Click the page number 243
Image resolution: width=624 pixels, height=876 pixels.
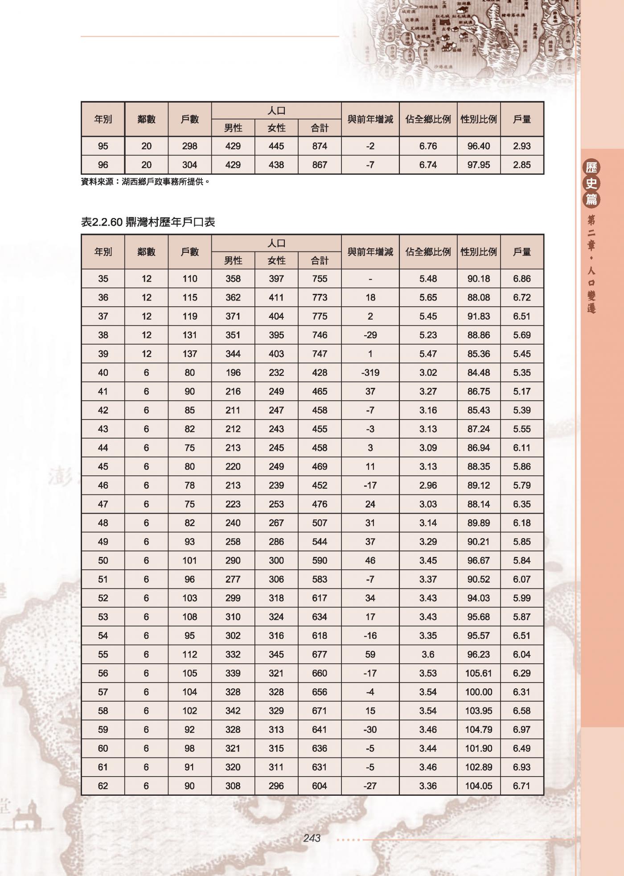pos(312,839)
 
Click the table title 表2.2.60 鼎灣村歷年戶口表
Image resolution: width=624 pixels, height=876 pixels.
pos(148,222)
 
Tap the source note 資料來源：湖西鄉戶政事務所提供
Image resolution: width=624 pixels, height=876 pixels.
pos(145,181)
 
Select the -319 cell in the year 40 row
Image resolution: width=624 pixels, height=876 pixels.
pos(370,373)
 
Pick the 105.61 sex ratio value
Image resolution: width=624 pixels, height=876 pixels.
pos(478,673)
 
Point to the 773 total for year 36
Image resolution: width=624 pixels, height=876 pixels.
pos(320,297)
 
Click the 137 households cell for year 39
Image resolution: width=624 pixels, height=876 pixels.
pos(189,354)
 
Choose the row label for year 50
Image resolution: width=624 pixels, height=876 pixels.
pos(103,560)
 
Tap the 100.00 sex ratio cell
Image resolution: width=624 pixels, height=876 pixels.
pos(478,692)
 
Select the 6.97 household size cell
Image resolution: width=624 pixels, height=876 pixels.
pos(521,729)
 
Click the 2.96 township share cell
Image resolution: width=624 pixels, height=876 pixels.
pos(428,485)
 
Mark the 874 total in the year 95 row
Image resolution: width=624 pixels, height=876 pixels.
pos(320,146)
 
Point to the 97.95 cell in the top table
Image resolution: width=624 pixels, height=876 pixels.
pos(478,165)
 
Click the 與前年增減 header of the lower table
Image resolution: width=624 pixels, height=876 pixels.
pos(370,252)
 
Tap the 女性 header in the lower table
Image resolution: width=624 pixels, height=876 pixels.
pos(276,260)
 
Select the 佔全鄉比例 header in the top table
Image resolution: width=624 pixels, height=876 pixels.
pos(428,119)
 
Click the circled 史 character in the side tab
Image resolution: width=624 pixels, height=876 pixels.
pos(591,183)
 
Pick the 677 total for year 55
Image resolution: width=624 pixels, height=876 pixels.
pos(320,654)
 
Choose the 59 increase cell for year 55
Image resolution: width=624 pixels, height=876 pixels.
pos(370,654)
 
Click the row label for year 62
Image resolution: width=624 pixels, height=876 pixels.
pos(103,786)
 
